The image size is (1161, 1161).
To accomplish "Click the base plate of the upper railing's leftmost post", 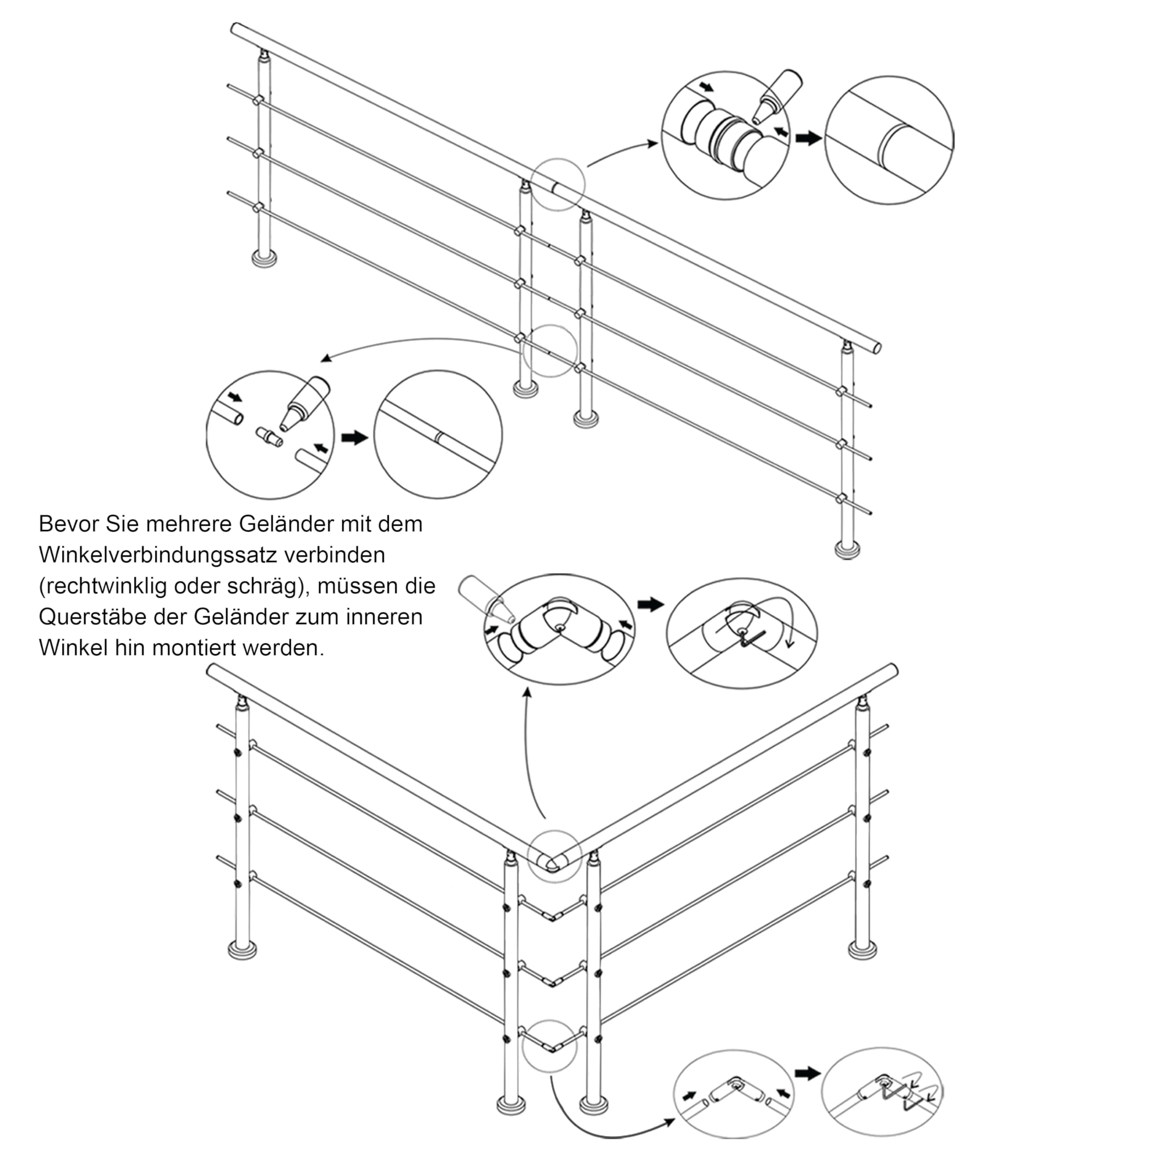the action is click(264, 259).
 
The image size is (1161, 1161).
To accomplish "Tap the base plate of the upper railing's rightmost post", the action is click(848, 550).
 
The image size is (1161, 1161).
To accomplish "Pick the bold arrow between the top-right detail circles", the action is click(808, 139).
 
